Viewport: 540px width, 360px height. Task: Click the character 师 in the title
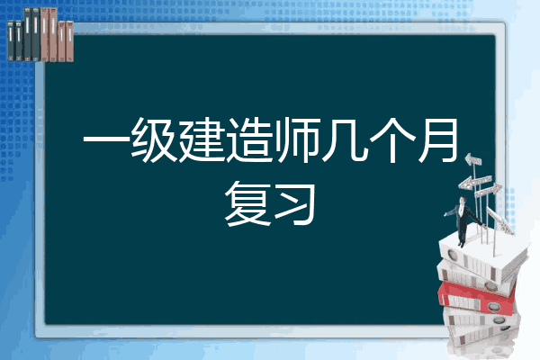[x=298, y=144]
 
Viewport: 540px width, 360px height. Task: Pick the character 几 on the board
[x=346, y=144]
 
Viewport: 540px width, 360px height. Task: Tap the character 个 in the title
[x=393, y=144]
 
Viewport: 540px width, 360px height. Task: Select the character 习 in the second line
[x=296, y=202]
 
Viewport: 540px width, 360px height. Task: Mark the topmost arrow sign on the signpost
[x=473, y=160]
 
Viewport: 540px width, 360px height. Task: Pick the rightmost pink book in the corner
[x=69, y=36]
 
